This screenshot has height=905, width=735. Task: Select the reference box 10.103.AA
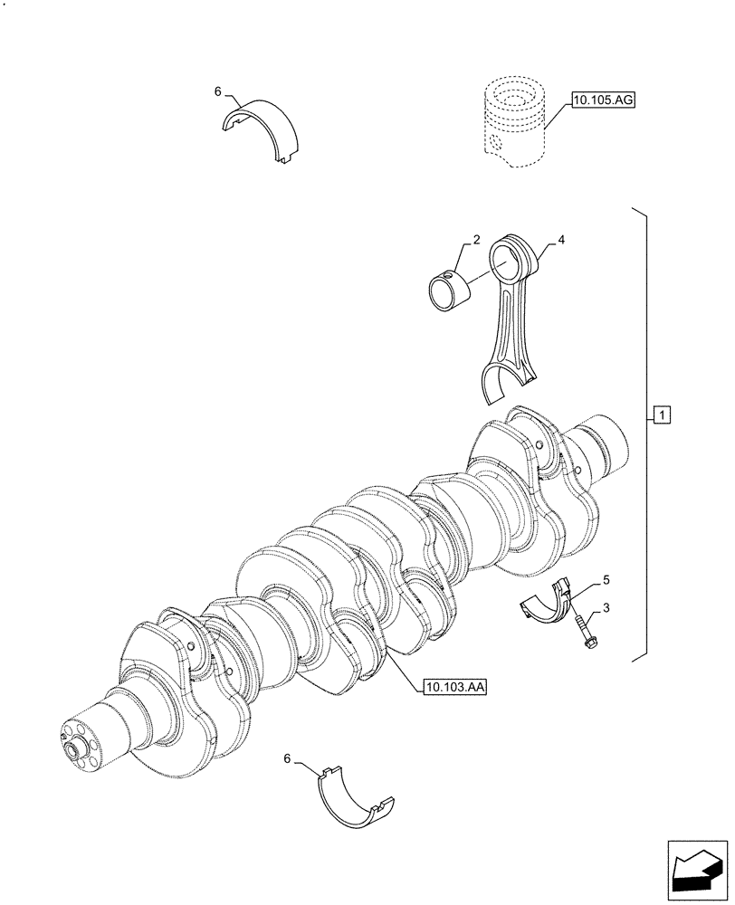click(x=454, y=688)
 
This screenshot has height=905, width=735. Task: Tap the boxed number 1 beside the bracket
click(x=662, y=416)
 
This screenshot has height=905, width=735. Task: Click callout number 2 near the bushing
click(x=475, y=242)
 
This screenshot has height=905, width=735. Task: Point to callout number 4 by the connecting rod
click(x=561, y=241)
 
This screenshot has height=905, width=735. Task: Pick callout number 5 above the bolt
click(x=606, y=577)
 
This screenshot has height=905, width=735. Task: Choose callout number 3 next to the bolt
click(x=606, y=609)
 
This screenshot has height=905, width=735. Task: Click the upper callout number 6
click(x=217, y=91)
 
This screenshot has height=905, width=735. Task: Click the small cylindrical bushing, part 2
click(x=450, y=292)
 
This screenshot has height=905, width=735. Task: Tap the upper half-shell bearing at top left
click(x=262, y=127)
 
